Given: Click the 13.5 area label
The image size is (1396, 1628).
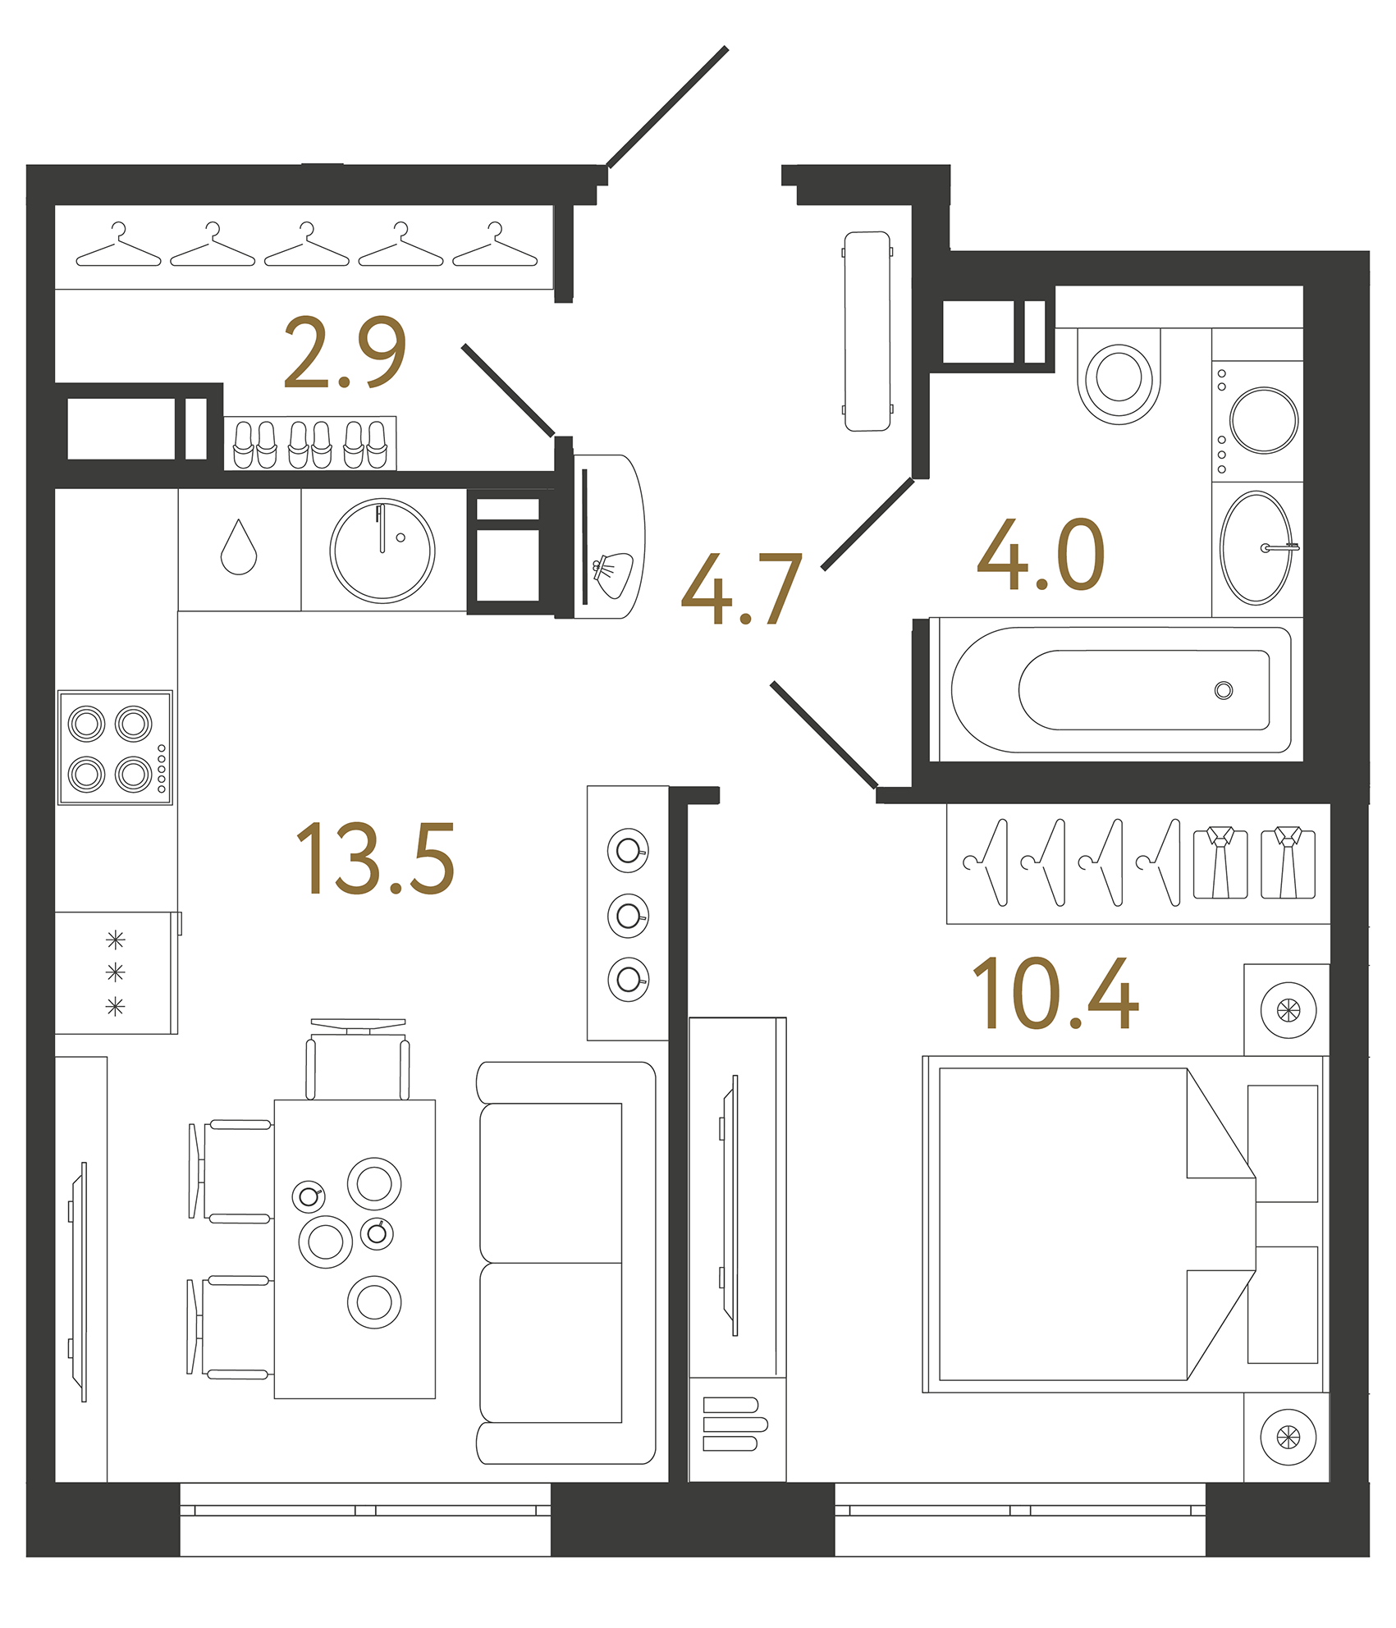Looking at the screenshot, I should click(x=374, y=859).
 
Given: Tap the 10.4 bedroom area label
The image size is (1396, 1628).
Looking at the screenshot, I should click(x=1055, y=994).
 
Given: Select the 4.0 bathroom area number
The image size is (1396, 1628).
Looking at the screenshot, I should click(x=1041, y=556).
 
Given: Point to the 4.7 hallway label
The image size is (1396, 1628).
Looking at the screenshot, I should click(x=741, y=589).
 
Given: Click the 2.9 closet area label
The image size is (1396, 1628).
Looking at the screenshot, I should click(x=345, y=352).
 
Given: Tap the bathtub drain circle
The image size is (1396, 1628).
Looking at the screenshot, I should click(x=1223, y=690).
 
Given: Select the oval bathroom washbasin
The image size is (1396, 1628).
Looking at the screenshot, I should click(x=1256, y=548).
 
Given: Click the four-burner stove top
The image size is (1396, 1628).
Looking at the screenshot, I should click(x=115, y=748).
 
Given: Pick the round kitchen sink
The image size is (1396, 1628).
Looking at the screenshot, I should click(x=382, y=550).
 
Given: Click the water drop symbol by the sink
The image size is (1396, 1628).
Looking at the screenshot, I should click(x=239, y=547).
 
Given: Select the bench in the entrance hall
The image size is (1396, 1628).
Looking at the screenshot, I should click(x=867, y=331).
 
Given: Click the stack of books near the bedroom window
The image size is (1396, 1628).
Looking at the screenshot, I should click(x=734, y=1424).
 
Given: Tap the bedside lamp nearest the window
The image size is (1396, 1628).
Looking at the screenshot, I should click(x=1288, y=1437).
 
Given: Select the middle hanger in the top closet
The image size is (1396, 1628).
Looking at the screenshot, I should click(x=306, y=247).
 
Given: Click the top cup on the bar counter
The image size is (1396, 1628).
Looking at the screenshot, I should click(x=628, y=850).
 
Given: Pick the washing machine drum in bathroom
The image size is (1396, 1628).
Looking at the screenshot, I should click(x=1264, y=420).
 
